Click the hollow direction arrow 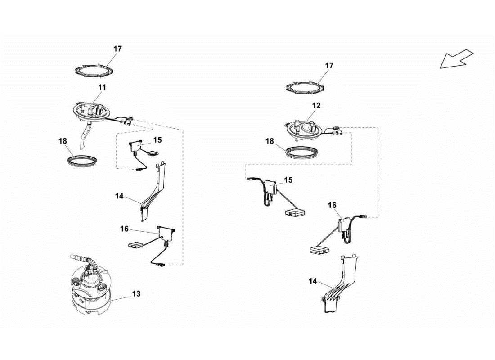click(456, 59)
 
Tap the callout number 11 click(102, 87)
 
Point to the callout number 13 click(136, 294)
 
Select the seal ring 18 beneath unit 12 click(305, 151)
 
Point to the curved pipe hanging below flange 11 click(85, 136)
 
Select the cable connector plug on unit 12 click(338, 132)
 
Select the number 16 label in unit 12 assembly click(332, 205)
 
